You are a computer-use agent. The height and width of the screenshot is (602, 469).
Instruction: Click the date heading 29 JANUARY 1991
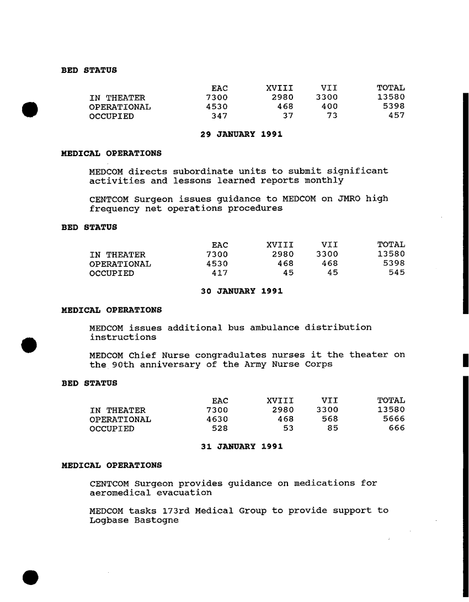[242, 135]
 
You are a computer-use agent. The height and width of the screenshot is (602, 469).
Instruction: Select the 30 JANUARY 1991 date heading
[242, 291]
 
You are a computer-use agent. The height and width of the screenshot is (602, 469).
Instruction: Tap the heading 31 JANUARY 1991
[242, 447]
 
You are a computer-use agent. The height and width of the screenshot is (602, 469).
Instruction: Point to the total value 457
[396, 116]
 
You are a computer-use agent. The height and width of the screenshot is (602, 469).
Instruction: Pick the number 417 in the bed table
[220, 272]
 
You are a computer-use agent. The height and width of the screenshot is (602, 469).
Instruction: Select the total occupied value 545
[396, 272]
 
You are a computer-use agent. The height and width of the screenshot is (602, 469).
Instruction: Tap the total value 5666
[393, 419]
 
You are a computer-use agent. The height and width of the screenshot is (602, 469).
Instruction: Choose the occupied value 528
[220, 429]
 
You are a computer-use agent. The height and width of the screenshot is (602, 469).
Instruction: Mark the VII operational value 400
[329, 106]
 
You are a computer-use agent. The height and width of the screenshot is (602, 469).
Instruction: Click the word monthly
[324, 180]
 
